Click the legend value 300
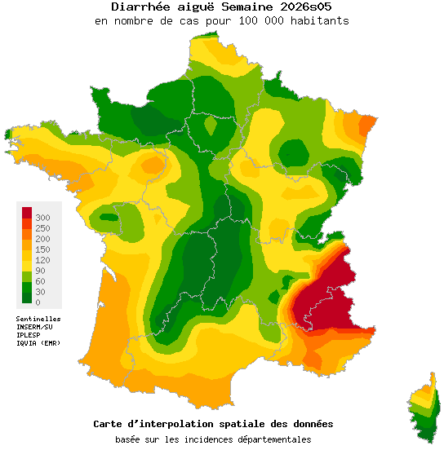click(x=43, y=217)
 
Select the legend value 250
click(x=43, y=228)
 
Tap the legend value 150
click(x=43, y=249)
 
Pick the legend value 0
click(x=38, y=302)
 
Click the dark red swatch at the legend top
click(x=27, y=213)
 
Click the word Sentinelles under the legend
click(x=38, y=319)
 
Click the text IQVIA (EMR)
click(x=38, y=343)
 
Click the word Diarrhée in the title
click(x=140, y=7)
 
